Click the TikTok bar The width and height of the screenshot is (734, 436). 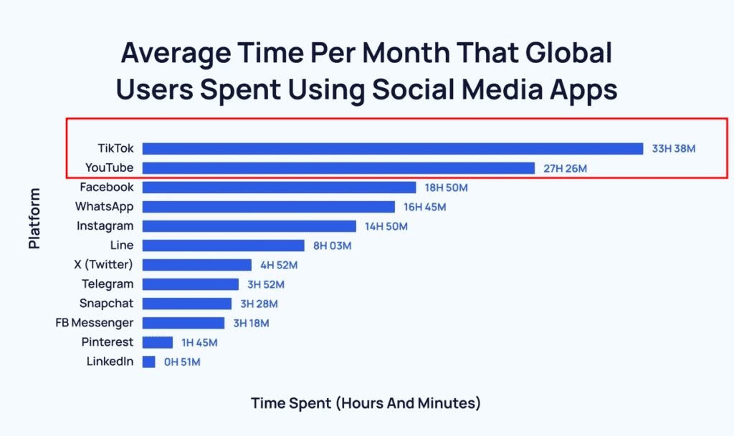(392, 149)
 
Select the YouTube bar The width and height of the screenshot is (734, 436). (338, 168)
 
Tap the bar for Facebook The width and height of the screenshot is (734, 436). (279, 188)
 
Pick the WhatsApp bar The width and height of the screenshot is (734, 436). (268, 207)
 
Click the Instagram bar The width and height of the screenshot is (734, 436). (249, 226)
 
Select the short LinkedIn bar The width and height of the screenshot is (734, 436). (148, 362)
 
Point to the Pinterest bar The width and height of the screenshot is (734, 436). (158, 342)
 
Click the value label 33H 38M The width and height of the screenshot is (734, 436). (674, 149)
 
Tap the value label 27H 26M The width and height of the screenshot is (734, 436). (566, 168)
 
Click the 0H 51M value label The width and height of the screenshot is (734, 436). (182, 362)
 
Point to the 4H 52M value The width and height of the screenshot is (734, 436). (278, 265)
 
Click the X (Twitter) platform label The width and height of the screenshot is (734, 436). (103, 264)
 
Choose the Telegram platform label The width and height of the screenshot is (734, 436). (108, 284)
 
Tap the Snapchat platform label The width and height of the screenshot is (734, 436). (106, 304)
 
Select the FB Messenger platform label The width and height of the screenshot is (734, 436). (95, 323)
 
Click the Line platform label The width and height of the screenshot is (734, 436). (122, 246)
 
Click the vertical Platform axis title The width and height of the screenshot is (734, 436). (34, 218)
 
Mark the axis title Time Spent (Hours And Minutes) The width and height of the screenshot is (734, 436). (366, 403)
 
